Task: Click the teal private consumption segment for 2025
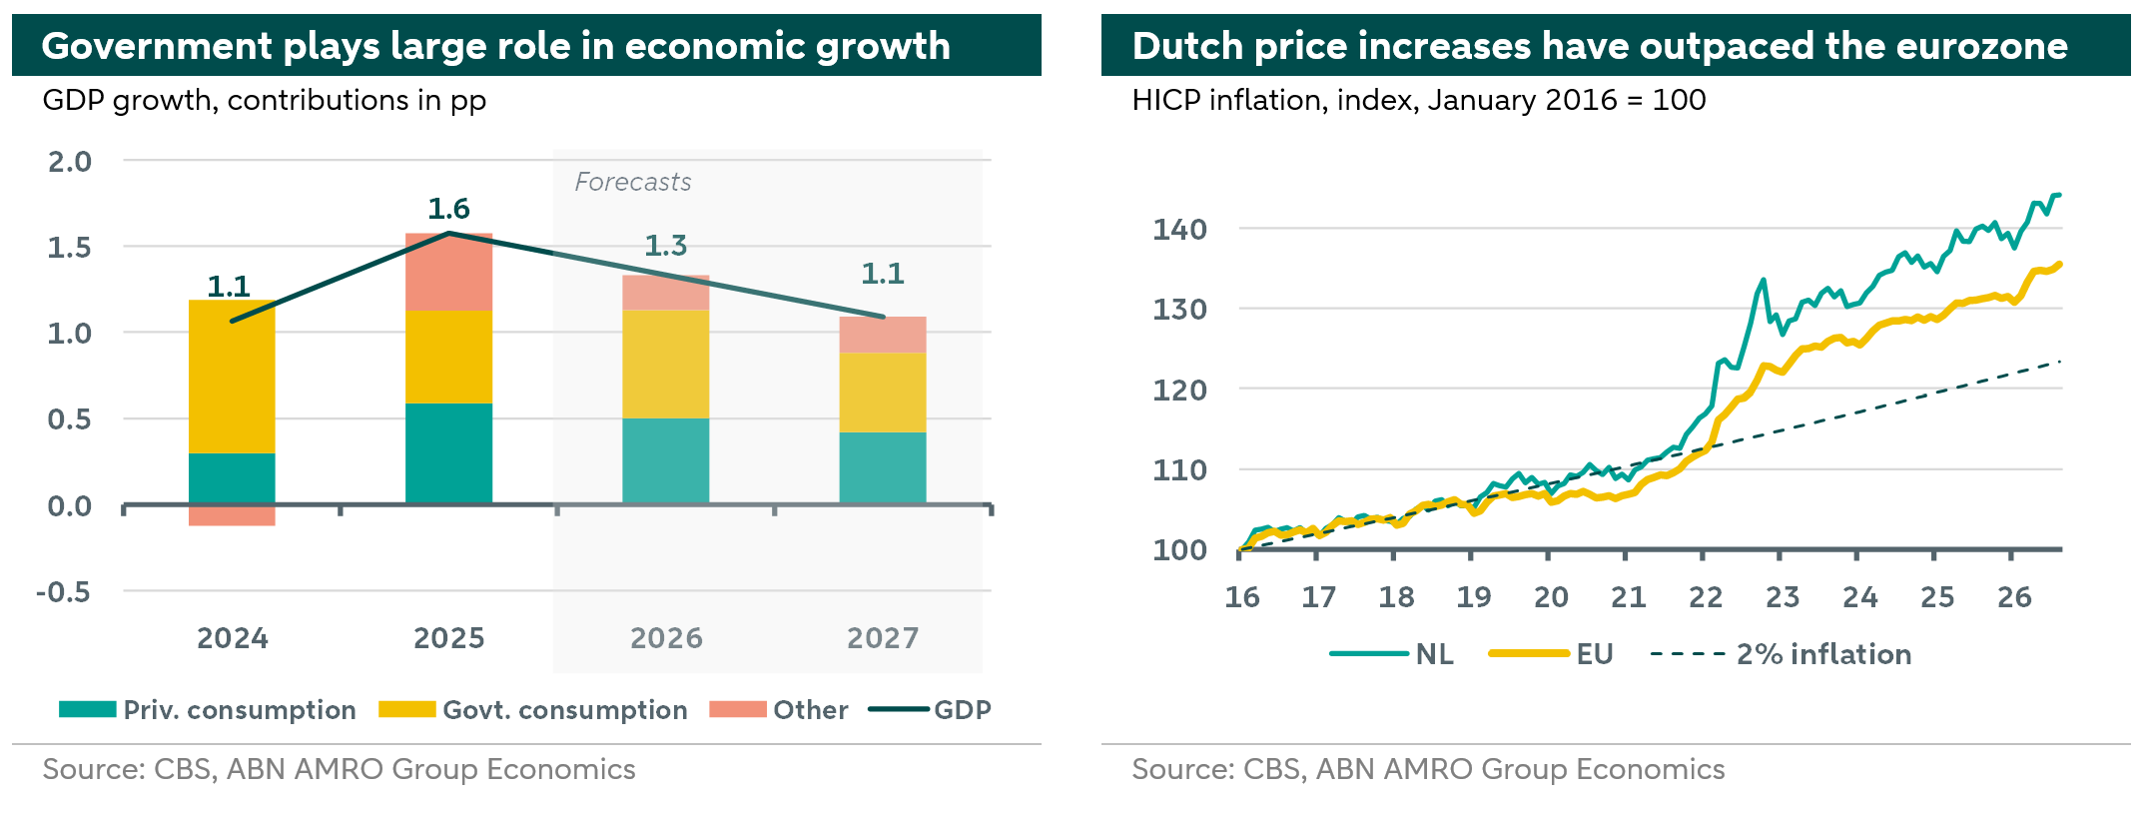point(448,453)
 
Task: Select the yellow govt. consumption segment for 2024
point(232,377)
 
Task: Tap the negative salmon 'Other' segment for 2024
point(232,515)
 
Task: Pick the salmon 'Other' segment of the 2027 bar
point(883,335)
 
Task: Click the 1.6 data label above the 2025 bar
point(448,209)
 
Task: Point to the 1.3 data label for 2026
point(666,246)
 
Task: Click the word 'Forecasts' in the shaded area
point(633,182)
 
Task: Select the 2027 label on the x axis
point(883,638)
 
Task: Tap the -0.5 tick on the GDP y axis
point(63,592)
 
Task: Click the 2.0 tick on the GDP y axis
point(70,162)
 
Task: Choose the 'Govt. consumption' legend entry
point(533,710)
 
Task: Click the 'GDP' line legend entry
point(930,710)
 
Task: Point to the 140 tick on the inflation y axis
point(1180,230)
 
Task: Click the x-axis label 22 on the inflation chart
point(1706,597)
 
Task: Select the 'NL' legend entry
point(1392,654)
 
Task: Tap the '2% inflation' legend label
point(1824,654)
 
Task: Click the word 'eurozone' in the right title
point(1975,46)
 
